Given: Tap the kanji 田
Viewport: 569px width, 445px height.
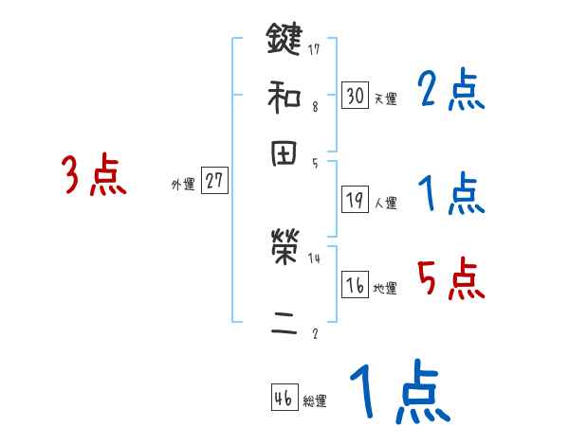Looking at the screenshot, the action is (x=284, y=154).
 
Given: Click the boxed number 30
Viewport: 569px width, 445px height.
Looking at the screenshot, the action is (x=355, y=96).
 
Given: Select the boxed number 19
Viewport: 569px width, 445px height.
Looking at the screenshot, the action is (x=355, y=199).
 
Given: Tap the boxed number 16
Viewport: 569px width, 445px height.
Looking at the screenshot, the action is (x=355, y=286).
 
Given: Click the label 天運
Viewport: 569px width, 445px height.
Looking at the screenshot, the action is (x=385, y=98).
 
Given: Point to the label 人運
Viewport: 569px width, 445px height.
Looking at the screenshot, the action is (x=385, y=202).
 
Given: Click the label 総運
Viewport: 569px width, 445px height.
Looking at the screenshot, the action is (x=315, y=401).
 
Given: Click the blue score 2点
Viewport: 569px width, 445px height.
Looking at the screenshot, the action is (x=450, y=91).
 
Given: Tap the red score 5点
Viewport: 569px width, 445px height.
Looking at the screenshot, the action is (x=450, y=279).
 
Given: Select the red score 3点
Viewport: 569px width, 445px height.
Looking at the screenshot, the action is (x=94, y=176).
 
